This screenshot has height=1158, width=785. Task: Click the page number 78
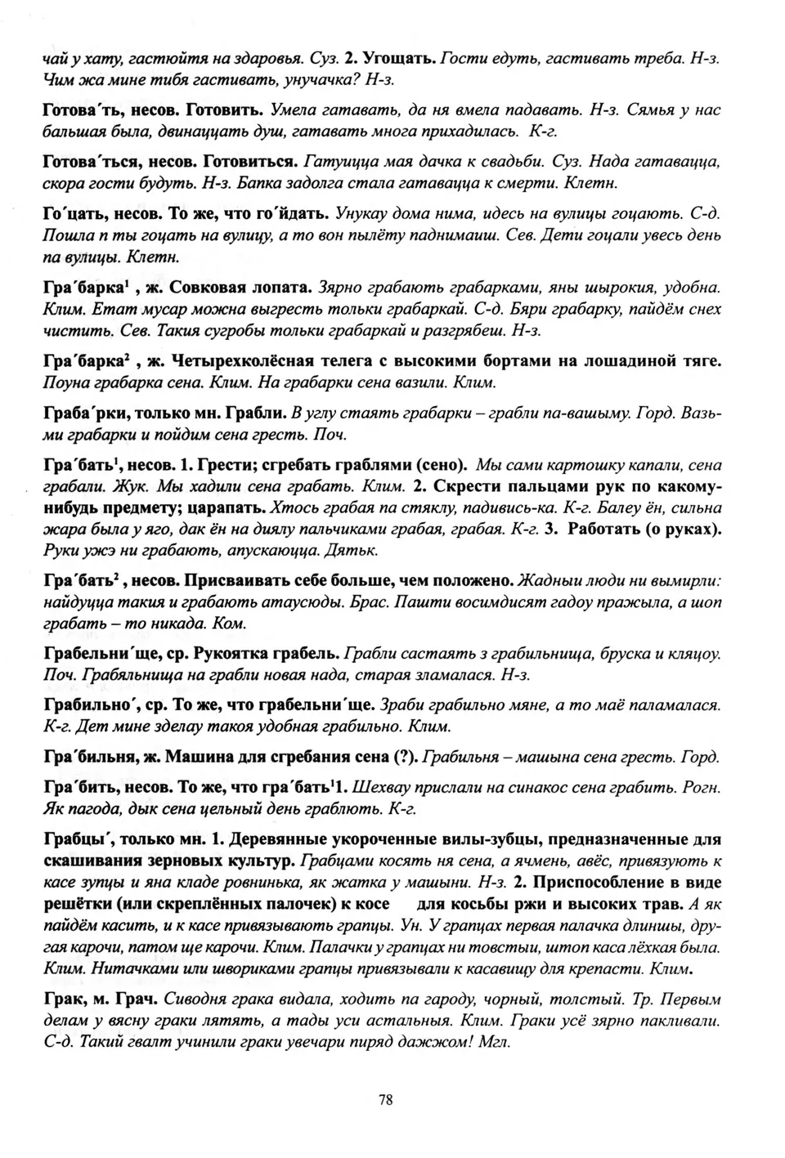386,1099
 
